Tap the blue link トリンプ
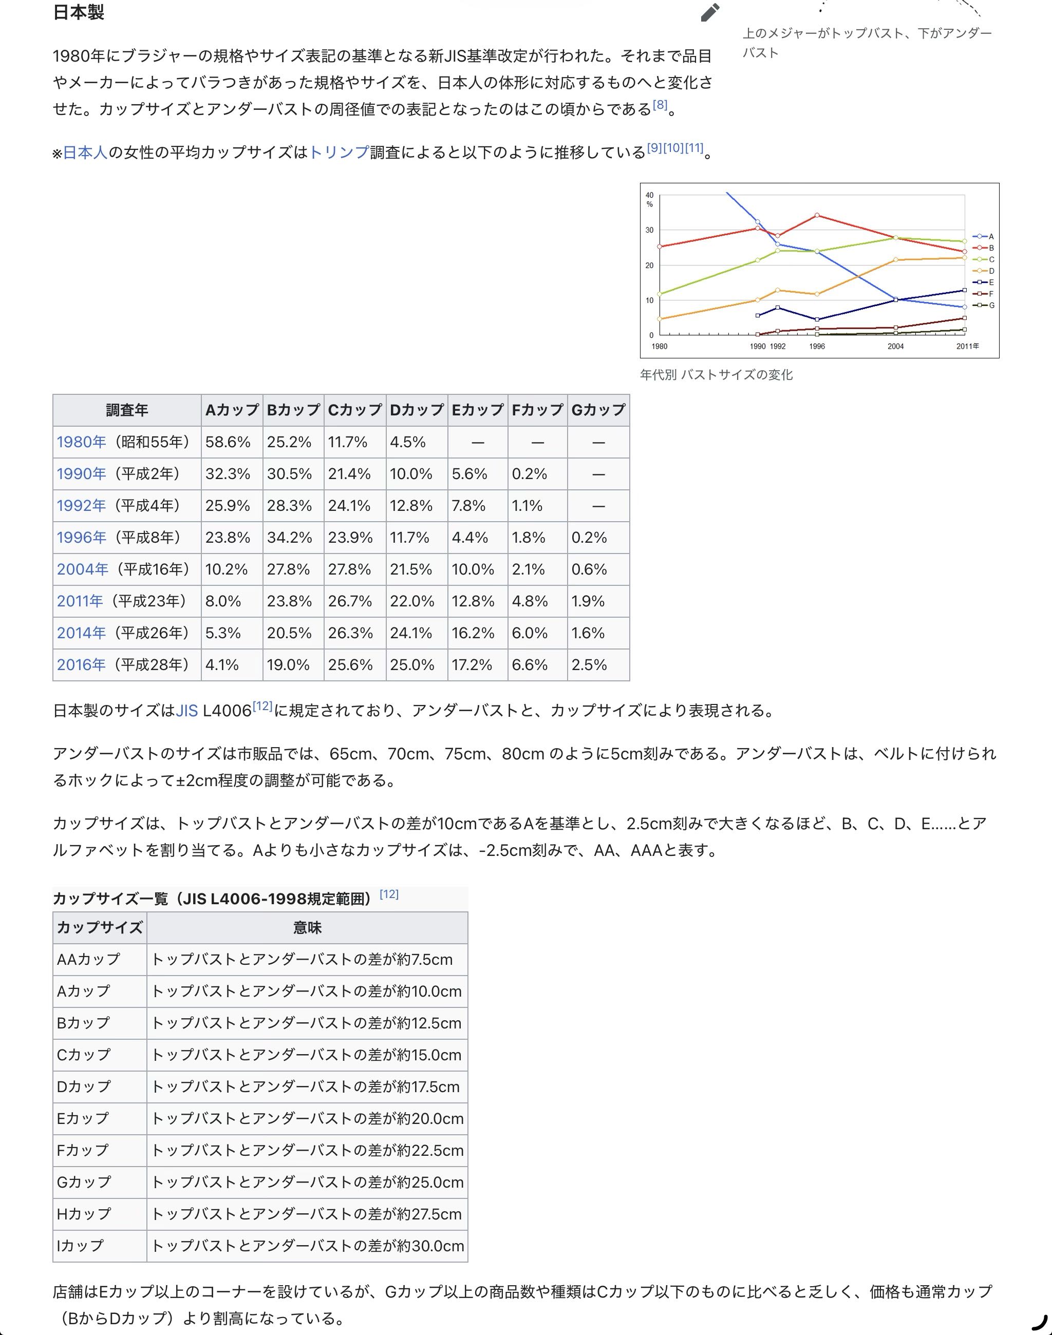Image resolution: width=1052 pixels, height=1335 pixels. coord(339,152)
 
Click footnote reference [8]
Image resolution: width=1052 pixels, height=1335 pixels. coord(660,105)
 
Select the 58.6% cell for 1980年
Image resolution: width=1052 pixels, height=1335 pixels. coord(228,442)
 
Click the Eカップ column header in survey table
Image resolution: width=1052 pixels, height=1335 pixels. coord(477,410)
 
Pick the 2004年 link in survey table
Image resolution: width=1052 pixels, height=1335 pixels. coord(83,569)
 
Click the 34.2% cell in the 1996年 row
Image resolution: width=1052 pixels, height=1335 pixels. coord(290,538)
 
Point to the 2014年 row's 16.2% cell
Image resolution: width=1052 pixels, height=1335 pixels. coord(473,633)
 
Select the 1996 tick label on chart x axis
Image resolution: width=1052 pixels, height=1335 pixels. coord(817,347)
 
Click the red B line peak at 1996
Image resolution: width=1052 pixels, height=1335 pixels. coord(817,216)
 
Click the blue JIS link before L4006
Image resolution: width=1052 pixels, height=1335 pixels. coord(186,711)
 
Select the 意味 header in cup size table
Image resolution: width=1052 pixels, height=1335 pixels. coord(307,927)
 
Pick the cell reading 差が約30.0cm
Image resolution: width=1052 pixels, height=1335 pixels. coord(307,1246)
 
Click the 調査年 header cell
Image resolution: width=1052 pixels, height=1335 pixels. coord(127,410)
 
